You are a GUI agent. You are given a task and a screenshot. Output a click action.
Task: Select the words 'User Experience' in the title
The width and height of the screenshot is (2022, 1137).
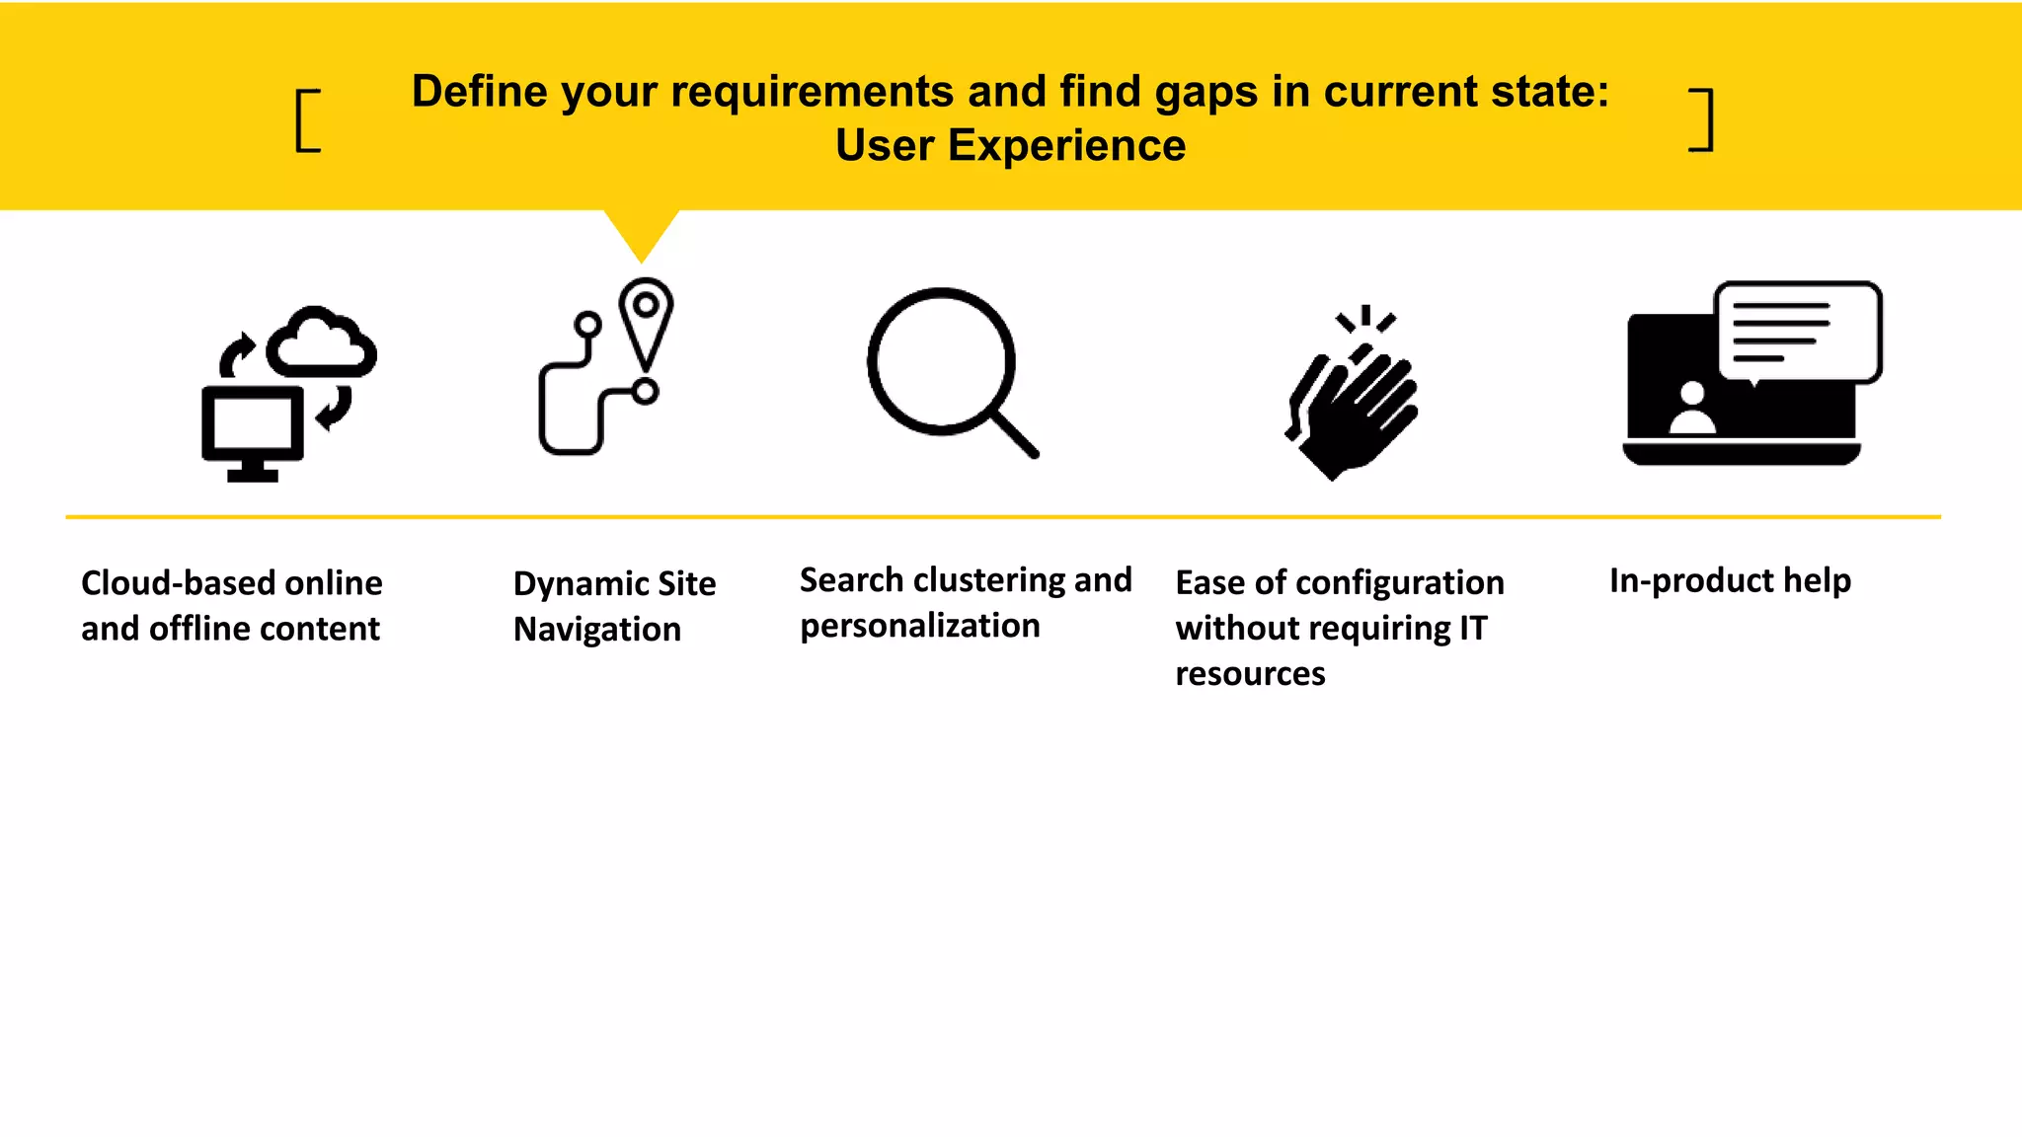(1010, 146)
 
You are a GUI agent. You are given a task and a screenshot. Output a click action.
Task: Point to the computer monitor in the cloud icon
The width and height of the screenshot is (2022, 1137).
(252, 426)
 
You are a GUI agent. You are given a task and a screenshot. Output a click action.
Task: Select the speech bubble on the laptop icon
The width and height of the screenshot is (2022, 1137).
(1798, 331)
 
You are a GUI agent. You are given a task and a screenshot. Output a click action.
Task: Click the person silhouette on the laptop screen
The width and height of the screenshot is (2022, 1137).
(1692, 409)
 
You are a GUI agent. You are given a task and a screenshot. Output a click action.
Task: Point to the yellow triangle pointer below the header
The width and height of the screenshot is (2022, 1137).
(642, 232)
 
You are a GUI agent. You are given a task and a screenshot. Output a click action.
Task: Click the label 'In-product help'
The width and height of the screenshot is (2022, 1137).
(1730, 580)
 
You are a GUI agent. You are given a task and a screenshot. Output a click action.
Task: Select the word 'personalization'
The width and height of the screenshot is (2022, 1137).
(919, 626)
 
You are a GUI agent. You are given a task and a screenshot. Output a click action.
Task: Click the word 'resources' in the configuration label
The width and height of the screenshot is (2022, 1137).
(1250, 673)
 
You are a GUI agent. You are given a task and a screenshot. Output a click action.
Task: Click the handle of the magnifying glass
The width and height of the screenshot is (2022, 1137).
(1015, 434)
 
